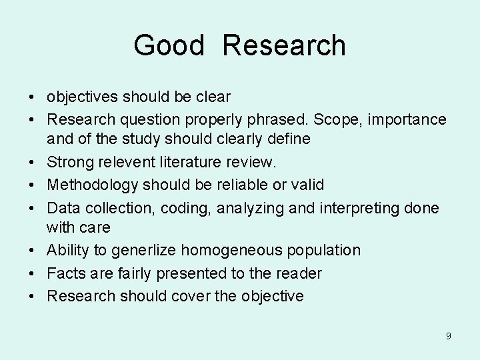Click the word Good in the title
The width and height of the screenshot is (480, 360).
point(168,45)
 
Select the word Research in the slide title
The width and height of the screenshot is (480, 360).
point(284,45)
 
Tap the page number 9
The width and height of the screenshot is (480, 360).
point(449,336)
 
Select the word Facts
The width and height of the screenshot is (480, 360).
point(64,273)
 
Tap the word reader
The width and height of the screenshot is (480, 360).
point(300,273)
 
